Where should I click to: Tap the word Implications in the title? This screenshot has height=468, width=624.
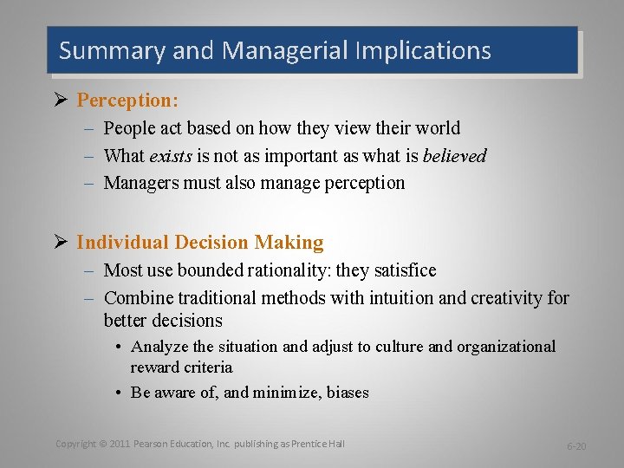pos(423,50)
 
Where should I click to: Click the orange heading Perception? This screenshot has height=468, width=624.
pos(127,100)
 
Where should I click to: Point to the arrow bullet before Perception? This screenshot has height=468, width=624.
pos(61,100)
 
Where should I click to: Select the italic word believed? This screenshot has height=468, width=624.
pos(455,156)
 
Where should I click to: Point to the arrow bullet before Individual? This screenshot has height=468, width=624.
pos(61,243)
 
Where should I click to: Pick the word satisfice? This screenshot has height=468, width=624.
pos(403,270)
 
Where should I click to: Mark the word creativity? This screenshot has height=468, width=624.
pos(507,298)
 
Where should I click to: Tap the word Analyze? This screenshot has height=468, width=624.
pos(159,347)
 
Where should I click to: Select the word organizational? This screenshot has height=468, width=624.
pos(506,347)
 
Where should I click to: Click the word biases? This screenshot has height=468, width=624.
pos(348,393)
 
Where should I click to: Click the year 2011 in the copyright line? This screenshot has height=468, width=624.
pos(120,444)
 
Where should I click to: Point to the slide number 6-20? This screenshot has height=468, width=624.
pos(576,446)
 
